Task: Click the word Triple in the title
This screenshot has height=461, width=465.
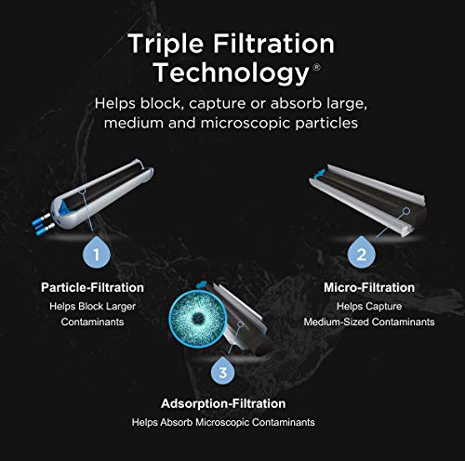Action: pos(164,45)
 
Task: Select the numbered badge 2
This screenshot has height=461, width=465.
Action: pos(363,251)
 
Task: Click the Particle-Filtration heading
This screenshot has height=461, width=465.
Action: pos(98,286)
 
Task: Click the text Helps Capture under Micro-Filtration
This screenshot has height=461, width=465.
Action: pos(368,306)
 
